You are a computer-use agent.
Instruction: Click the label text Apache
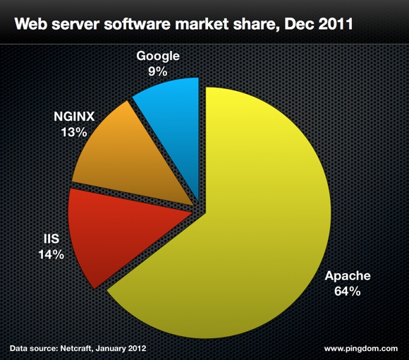click(x=346, y=276)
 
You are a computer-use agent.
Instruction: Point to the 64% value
click(x=346, y=291)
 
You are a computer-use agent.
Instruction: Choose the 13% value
click(x=73, y=132)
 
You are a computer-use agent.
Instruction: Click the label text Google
click(x=159, y=56)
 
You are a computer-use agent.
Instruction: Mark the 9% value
click(x=159, y=71)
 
